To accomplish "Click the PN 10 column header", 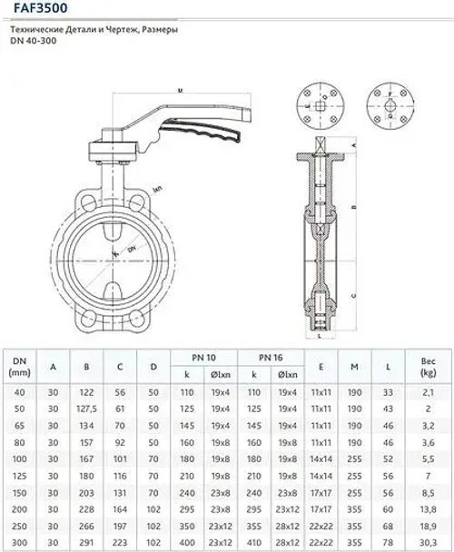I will (x=209, y=357).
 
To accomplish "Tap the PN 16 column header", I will (x=270, y=357).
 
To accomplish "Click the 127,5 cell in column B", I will (x=86, y=409).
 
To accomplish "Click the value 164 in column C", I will (x=120, y=511).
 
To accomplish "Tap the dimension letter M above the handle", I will (x=180, y=91).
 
